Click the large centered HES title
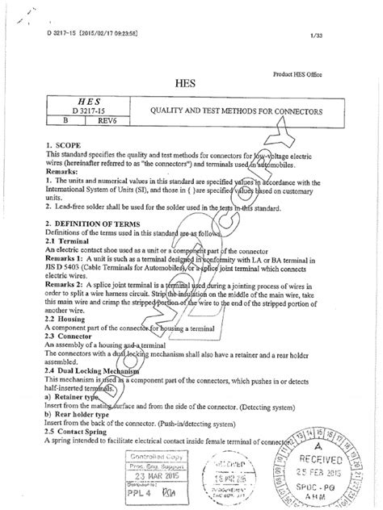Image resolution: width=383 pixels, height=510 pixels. (190, 82)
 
